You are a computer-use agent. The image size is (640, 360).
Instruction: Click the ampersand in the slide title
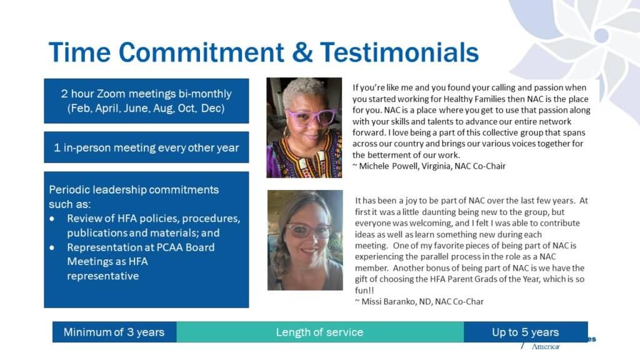302,52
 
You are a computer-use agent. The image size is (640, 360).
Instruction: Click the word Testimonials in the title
399,52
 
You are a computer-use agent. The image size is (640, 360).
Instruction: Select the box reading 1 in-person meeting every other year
146,147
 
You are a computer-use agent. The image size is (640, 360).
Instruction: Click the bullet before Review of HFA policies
52,219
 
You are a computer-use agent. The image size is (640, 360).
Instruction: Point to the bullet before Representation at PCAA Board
52,247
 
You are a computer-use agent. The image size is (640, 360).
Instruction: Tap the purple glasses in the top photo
311,117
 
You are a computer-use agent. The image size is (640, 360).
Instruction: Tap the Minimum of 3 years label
114,332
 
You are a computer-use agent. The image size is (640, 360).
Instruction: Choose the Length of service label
319,332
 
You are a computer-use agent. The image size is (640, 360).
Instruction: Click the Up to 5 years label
525,332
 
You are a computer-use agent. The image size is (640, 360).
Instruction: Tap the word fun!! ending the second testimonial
364,291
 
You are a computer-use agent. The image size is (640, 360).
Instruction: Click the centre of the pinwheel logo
601,36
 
